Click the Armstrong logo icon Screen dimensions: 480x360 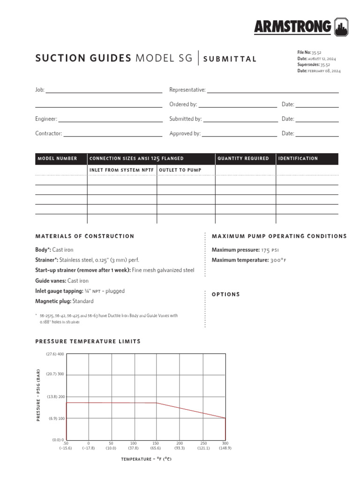coord(341,27)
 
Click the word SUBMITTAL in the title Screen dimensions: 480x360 coord(230,59)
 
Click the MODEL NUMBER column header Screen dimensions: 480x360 coord(57,158)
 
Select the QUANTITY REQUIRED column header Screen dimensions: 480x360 coord(243,158)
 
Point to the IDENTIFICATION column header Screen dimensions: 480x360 coord(298,158)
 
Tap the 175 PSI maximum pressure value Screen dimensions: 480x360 coord(270,250)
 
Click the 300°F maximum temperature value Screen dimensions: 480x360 coord(278,260)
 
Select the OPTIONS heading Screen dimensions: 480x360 coord(226,294)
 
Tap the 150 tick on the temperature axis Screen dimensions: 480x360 coord(156,443)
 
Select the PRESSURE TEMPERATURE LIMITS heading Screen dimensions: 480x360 coord(88,341)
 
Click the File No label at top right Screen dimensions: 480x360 coord(304,52)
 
